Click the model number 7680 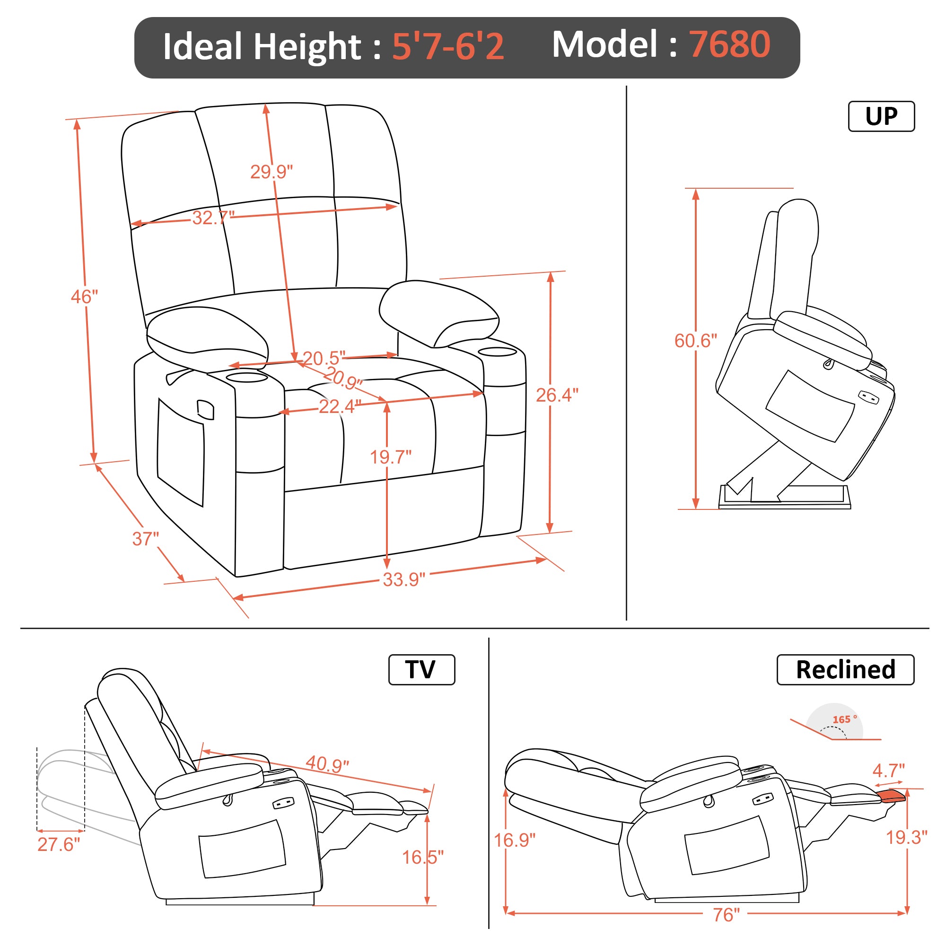729,44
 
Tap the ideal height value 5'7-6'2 447,47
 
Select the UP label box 881,116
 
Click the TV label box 421,669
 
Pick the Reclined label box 845,669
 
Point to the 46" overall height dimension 84,297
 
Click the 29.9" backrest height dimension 271,172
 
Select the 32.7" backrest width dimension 212,218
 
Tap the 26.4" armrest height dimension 557,395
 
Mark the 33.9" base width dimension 403,580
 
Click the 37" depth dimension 145,539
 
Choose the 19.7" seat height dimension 390,457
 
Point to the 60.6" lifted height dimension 695,341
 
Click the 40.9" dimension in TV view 327,764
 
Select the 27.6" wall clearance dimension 58,845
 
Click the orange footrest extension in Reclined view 892,796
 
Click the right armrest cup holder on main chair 498,351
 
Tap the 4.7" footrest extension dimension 889,771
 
